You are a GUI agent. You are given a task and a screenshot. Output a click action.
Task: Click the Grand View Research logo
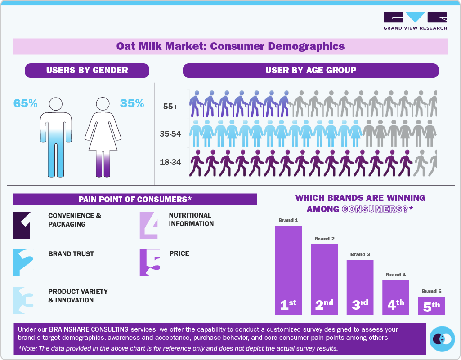coord(415,21)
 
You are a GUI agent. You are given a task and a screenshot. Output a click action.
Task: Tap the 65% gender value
coord(25,103)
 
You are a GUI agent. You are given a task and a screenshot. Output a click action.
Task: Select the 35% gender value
coord(132,103)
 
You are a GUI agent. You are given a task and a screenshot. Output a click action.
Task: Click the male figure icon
coord(56,137)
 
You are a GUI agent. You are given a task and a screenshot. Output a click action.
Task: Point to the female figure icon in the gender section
coord(104,137)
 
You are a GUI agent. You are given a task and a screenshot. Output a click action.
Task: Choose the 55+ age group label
coord(170,107)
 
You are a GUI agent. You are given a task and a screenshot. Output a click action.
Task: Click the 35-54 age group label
coord(170,134)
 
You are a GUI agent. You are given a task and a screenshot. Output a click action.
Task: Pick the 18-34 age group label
coord(170,162)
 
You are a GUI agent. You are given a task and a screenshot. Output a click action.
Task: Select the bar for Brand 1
coord(288,270)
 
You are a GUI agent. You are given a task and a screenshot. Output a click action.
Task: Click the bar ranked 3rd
coord(360,287)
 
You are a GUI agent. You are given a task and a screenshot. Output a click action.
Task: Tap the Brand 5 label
coord(431,291)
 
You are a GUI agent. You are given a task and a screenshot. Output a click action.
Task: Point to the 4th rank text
coord(396,305)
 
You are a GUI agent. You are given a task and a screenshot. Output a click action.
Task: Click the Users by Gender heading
coord(87,70)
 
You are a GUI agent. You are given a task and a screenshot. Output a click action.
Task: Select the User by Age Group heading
coord(310,70)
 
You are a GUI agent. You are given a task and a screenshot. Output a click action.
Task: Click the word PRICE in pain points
coord(179,253)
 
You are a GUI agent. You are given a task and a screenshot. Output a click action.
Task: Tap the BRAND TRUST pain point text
coord(71,254)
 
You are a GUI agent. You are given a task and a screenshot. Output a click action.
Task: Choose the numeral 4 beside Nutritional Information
coord(149,225)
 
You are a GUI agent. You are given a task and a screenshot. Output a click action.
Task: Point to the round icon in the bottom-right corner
coord(442,338)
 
